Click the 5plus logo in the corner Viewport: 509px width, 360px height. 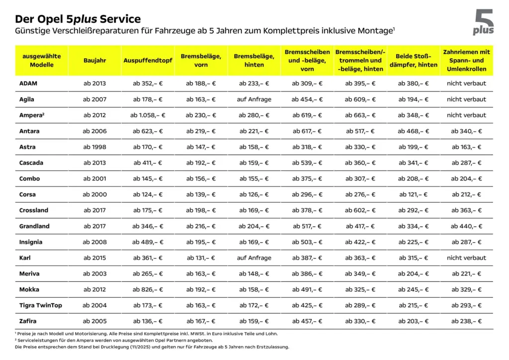[484, 23]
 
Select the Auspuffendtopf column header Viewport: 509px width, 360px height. [148, 60]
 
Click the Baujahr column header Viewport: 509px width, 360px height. [94, 60]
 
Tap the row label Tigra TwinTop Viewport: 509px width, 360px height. [41, 305]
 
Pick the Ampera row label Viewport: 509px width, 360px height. [31, 115]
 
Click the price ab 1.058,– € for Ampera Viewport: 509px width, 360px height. [148, 115]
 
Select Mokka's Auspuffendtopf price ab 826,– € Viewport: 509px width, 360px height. [148, 289]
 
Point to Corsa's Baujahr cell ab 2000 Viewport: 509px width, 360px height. [94, 194]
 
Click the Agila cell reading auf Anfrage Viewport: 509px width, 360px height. [254, 99]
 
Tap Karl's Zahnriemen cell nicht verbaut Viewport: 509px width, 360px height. [466, 258]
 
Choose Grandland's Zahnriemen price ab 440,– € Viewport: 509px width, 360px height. [466, 226]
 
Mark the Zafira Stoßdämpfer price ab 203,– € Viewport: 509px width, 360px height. [413, 321]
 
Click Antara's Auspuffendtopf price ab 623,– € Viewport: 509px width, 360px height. [148, 131]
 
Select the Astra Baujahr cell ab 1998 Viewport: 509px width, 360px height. [94, 147]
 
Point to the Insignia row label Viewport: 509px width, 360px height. [31, 242]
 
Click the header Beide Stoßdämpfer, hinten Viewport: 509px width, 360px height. [413, 60]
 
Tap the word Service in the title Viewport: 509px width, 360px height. [120, 19]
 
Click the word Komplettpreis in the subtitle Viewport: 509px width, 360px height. [308, 31]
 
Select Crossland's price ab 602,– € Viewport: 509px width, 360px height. [360, 210]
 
